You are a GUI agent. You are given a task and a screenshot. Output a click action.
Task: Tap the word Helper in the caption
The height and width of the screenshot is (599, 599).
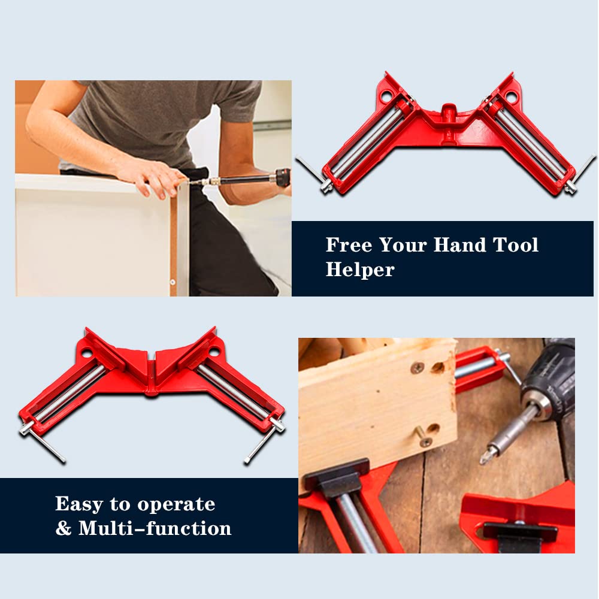pos(360,270)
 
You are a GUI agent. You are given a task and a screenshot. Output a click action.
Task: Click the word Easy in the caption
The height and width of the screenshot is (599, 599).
pos(79,504)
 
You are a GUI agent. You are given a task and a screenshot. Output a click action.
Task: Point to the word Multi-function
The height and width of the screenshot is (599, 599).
pos(155,528)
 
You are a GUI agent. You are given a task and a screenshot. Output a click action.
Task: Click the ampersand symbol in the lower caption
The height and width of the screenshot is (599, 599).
pos(63,529)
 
